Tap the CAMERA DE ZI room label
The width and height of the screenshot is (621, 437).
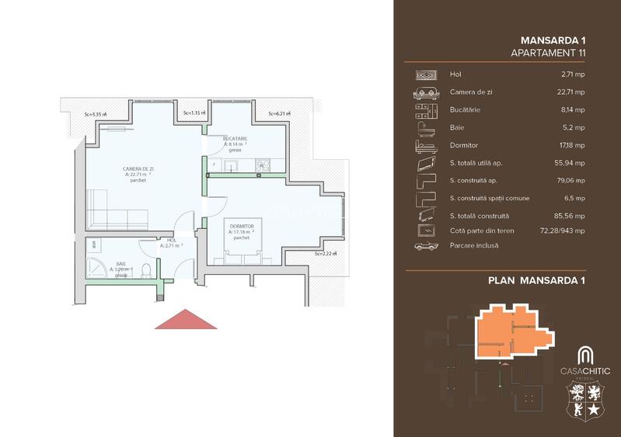[x=140, y=168]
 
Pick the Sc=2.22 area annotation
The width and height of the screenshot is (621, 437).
[x=326, y=253]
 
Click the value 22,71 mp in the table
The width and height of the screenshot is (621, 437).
[x=572, y=92]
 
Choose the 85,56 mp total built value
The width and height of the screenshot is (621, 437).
[x=572, y=215]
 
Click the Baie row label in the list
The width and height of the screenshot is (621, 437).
[x=457, y=127]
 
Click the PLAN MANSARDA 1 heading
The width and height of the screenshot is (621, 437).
[x=536, y=280]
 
